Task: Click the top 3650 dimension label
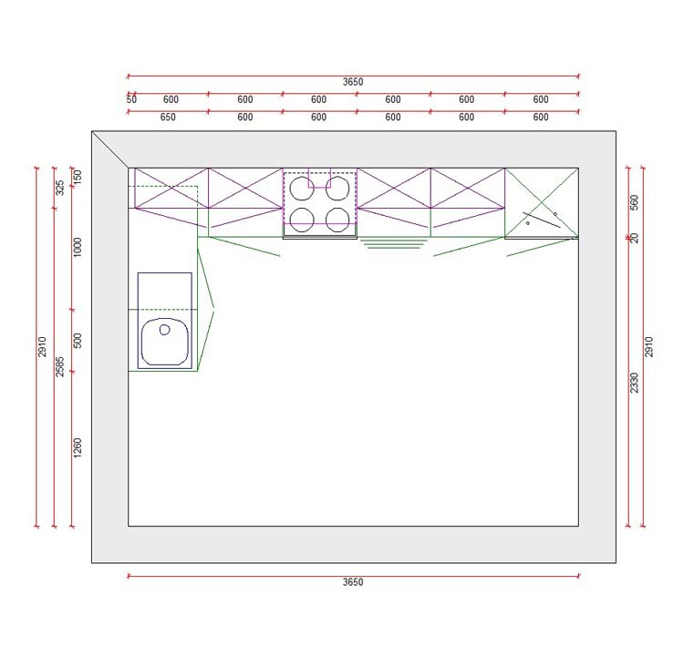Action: (x=353, y=82)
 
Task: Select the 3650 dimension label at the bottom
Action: (x=353, y=582)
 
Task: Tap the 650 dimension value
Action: (x=168, y=118)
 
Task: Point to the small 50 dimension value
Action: (x=131, y=99)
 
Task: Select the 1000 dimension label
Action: (x=78, y=247)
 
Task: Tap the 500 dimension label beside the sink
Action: (x=78, y=340)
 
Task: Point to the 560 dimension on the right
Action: (x=635, y=201)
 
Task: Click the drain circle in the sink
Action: (x=165, y=330)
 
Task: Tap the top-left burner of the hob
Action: (x=303, y=188)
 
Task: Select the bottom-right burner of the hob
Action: (x=337, y=219)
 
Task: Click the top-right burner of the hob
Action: (x=337, y=188)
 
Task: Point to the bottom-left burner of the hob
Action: (x=303, y=219)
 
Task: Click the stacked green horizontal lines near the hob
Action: (x=394, y=243)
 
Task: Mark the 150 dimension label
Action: (x=78, y=175)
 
